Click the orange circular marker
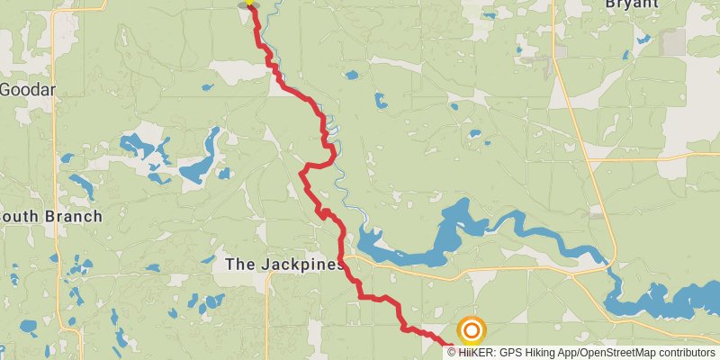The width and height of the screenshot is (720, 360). [471, 330]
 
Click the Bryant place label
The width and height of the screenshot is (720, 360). [632, 4]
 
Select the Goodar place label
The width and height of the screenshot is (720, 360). [27, 89]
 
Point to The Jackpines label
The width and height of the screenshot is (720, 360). [284, 265]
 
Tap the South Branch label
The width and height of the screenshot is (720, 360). [50, 217]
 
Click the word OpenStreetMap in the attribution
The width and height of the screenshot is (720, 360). [616, 353]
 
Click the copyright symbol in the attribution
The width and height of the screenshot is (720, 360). [453, 353]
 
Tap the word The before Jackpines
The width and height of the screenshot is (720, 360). [238, 265]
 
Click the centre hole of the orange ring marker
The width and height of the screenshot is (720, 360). [471, 330]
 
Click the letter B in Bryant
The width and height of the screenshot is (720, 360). [611, 4]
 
